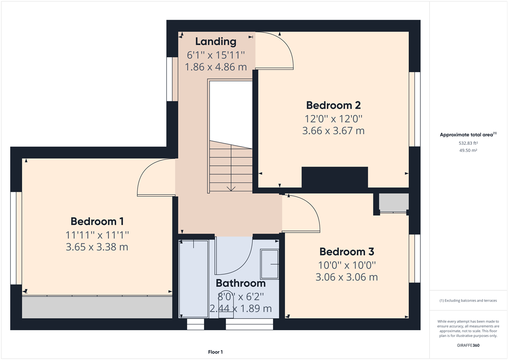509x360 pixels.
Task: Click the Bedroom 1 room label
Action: pos(97,221)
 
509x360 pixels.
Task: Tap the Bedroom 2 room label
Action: pos(333,105)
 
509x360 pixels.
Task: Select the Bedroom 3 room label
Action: pos(346,251)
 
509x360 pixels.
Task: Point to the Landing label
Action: pos(216,41)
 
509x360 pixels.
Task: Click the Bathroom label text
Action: pos(241,283)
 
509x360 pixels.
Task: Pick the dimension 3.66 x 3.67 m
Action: pos(333,131)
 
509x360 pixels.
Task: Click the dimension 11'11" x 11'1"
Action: pos(97,235)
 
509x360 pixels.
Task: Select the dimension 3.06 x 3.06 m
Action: pos(346,277)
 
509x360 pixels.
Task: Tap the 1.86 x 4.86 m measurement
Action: pos(216,67)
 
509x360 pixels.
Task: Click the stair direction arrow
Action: pos(231,188)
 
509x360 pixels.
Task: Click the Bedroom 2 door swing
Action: pos(275,51)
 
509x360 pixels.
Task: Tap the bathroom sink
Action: pos(270,264)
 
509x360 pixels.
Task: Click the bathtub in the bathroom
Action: pos(193,279)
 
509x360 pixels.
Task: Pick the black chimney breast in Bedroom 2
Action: pos(334,177)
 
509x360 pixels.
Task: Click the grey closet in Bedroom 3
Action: pos(393,203)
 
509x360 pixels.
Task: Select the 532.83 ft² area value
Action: pos(468,143)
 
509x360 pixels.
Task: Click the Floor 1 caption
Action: pos(215,352)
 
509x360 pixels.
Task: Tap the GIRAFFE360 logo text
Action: pos(468,345)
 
